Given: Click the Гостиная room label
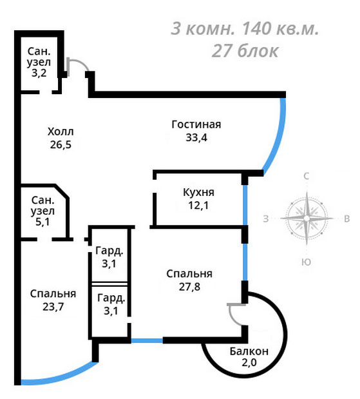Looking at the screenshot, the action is [196, 124].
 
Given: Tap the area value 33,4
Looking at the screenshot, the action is [196, 137].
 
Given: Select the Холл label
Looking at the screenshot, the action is [61, 131].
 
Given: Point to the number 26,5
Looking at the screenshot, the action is [61, 144].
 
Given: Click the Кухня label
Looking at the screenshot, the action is [198, 192].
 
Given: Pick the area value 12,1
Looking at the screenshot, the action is [198, 205].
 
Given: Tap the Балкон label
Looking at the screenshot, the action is [249, 351].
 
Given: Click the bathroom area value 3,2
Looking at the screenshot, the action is [39, 73].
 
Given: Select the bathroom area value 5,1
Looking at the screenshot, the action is [43, 222].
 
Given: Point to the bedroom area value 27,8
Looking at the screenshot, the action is [189, 287].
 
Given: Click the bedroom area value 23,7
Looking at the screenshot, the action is [53, 307].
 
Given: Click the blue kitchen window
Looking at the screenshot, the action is [245, 205].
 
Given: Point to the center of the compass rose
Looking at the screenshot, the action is [307, 219].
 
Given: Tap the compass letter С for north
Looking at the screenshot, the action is [307, 176].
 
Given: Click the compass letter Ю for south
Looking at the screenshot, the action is [307, 262].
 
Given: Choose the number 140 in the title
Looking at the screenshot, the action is [256, 28].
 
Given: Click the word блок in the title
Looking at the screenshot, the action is [258, 51].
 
